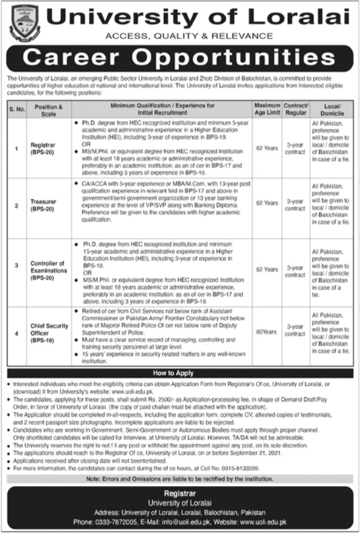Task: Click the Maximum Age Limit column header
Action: coord(267,109)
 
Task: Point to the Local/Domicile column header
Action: coord(331,109)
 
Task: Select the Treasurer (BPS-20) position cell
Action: coord(43,206)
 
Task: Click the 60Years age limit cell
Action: coord(267,332)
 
